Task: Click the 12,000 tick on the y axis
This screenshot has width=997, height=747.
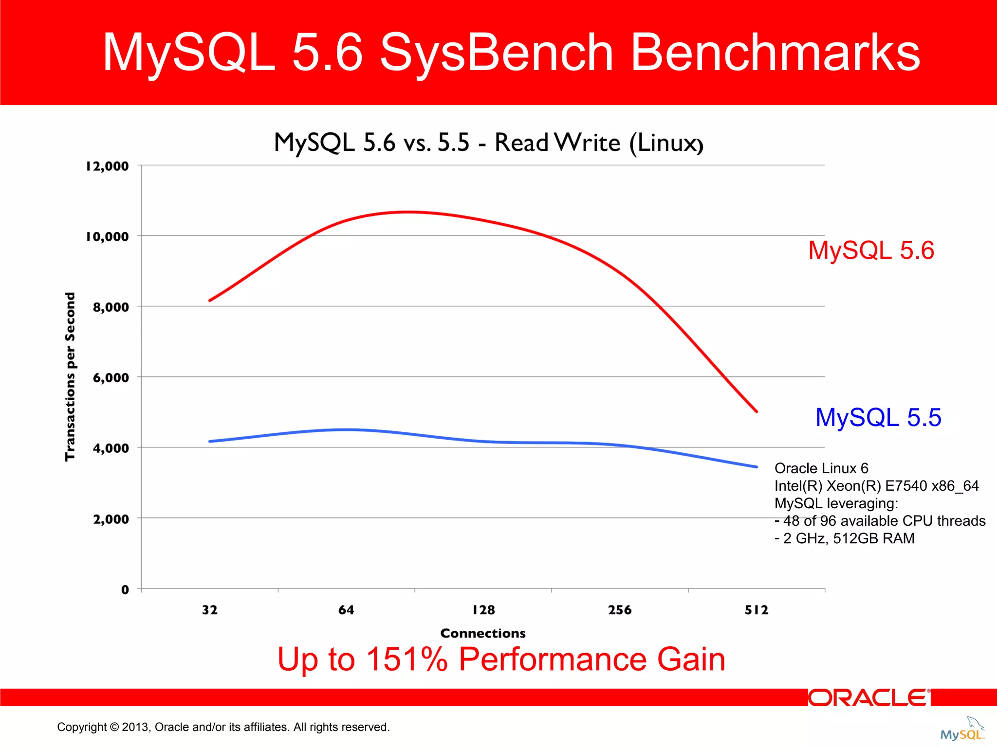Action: tap(108, 166)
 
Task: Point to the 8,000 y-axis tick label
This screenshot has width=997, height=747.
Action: tap(111, 307)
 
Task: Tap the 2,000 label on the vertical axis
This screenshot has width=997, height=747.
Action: tap(111, 519)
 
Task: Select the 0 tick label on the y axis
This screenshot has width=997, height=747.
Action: tap(125, 590)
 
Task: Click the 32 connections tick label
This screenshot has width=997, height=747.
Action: tap(210, 610)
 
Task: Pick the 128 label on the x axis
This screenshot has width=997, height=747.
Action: tap(483, 610)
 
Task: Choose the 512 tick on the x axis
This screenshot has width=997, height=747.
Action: tap(757, 610)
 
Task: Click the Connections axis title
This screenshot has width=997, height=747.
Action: tap(483, 633)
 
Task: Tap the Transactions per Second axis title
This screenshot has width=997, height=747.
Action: tap(70, 376)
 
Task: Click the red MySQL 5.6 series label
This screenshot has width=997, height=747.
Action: tap(871, 250)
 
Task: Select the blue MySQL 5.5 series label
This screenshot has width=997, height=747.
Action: tap(878, 418)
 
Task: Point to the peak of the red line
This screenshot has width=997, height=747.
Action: tap(409, 212)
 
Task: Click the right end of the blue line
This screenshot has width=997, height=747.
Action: tap(756, 467)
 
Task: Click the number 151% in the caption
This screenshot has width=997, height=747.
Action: tap(406, 659)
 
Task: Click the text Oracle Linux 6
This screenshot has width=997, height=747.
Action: tap(821, 468)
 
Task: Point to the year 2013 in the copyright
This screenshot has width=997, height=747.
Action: tap(136, 727)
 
